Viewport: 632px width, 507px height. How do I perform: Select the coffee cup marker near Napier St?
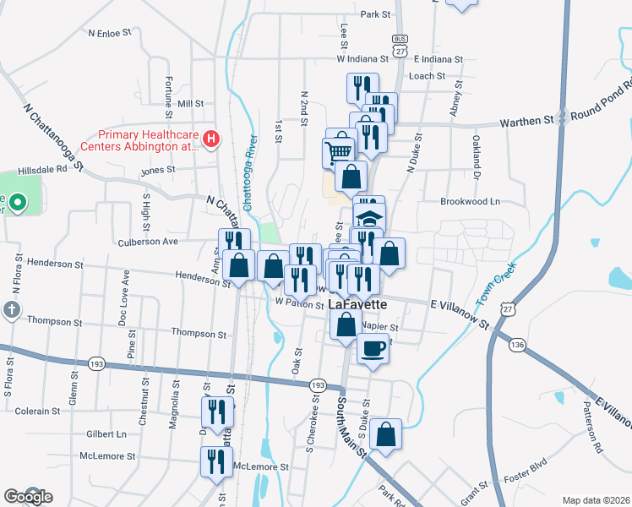[x=373, y=347]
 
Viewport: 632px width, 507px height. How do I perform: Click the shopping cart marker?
[x=339, y=151]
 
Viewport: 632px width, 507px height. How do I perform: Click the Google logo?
[x=27, y=497]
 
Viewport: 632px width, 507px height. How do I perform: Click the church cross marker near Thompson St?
[x=12, y=309]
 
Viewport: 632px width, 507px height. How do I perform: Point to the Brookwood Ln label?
[x=470, y=202]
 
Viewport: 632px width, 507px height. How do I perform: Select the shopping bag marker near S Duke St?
[x=385, y=434]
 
